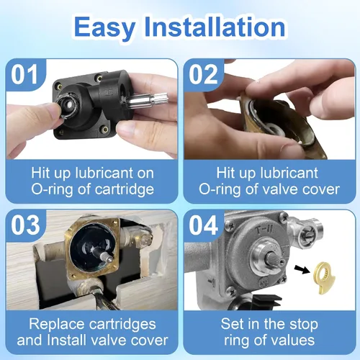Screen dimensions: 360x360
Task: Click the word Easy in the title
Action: (105, 27)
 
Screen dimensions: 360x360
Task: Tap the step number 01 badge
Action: (24, 74)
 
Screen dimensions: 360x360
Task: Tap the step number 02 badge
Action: (203, 74)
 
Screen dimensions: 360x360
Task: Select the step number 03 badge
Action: (25, 225)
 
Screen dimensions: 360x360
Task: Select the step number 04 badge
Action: (203, 225)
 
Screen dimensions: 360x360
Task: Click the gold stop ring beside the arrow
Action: (324, 278)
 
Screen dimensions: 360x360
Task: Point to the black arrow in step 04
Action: (302, 269)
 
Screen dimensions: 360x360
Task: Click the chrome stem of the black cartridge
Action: (140, 101)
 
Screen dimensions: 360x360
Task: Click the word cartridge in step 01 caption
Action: (125, 189)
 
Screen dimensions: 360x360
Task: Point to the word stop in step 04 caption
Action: (304, 325)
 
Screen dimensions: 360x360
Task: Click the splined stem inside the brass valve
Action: (104, 255)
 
